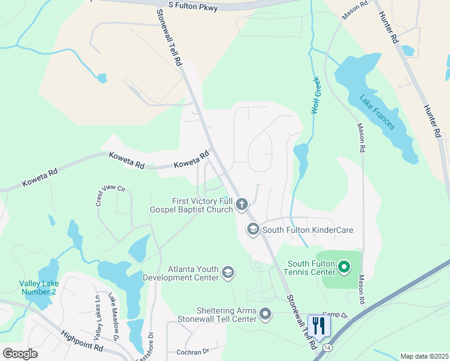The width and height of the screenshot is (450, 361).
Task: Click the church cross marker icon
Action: [242, 205]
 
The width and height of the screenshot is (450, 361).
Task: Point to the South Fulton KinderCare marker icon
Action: [253, 229]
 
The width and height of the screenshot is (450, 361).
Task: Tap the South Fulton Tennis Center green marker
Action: [344, 266]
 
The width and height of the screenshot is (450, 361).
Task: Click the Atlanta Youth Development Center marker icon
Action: [228, 273]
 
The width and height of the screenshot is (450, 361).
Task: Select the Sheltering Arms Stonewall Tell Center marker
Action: [265, 313]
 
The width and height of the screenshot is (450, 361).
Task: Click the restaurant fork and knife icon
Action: [319, 326]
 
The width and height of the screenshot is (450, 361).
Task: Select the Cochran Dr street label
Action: [193, 351]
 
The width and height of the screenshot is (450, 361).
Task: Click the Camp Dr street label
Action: [335, 315]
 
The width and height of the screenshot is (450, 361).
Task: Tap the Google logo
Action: [20, 353]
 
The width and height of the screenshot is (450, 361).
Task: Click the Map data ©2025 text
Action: [424, 356]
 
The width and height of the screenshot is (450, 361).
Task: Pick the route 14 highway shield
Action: [327, 348]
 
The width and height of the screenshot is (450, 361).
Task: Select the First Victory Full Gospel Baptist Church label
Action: [202, 205]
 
